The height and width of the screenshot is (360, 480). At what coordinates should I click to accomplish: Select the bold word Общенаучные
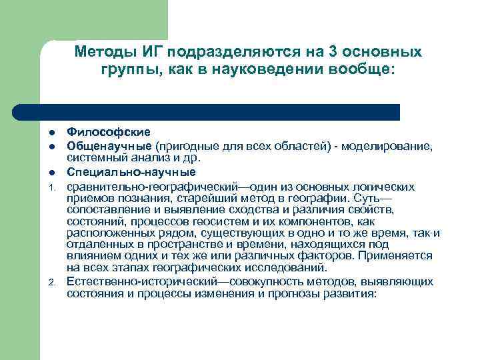(x=110, y=145)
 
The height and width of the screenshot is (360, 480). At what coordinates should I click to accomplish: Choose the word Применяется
(x=399, y=256)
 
